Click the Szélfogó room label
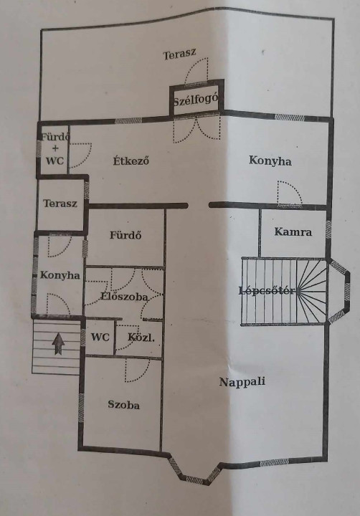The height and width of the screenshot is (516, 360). click(196, 100)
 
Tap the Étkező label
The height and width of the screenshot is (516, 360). click(131, 161)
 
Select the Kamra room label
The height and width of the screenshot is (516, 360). click(293, 231)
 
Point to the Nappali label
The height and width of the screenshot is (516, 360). click(242, 382)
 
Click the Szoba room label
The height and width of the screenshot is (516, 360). click(124, 405)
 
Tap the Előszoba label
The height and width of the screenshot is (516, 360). click(124, 297)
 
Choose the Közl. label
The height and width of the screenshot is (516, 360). click(141, 338)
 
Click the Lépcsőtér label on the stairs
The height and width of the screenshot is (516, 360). click(267, 291)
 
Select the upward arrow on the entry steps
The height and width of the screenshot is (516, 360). click(58, 344)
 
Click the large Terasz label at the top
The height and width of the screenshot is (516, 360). click(180, 54)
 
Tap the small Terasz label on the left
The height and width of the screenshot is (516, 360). click(60, 204)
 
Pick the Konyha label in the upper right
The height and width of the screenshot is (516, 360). click(270, 161)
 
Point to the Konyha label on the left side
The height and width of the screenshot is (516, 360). click(60, 275)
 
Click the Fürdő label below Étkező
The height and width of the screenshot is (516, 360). click(125, 235)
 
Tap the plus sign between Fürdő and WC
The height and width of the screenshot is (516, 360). click(55, 149)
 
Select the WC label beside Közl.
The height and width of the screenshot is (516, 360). click(100, 338)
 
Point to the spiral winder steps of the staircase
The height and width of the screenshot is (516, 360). click(311, 291)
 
